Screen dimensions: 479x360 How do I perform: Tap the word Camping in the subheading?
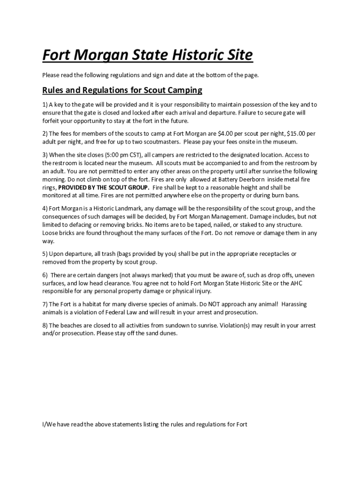click(x=184, y=90)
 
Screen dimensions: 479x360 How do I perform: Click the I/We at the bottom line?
click(x=49, y=425)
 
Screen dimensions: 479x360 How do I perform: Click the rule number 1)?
click(x=45, y=104)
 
